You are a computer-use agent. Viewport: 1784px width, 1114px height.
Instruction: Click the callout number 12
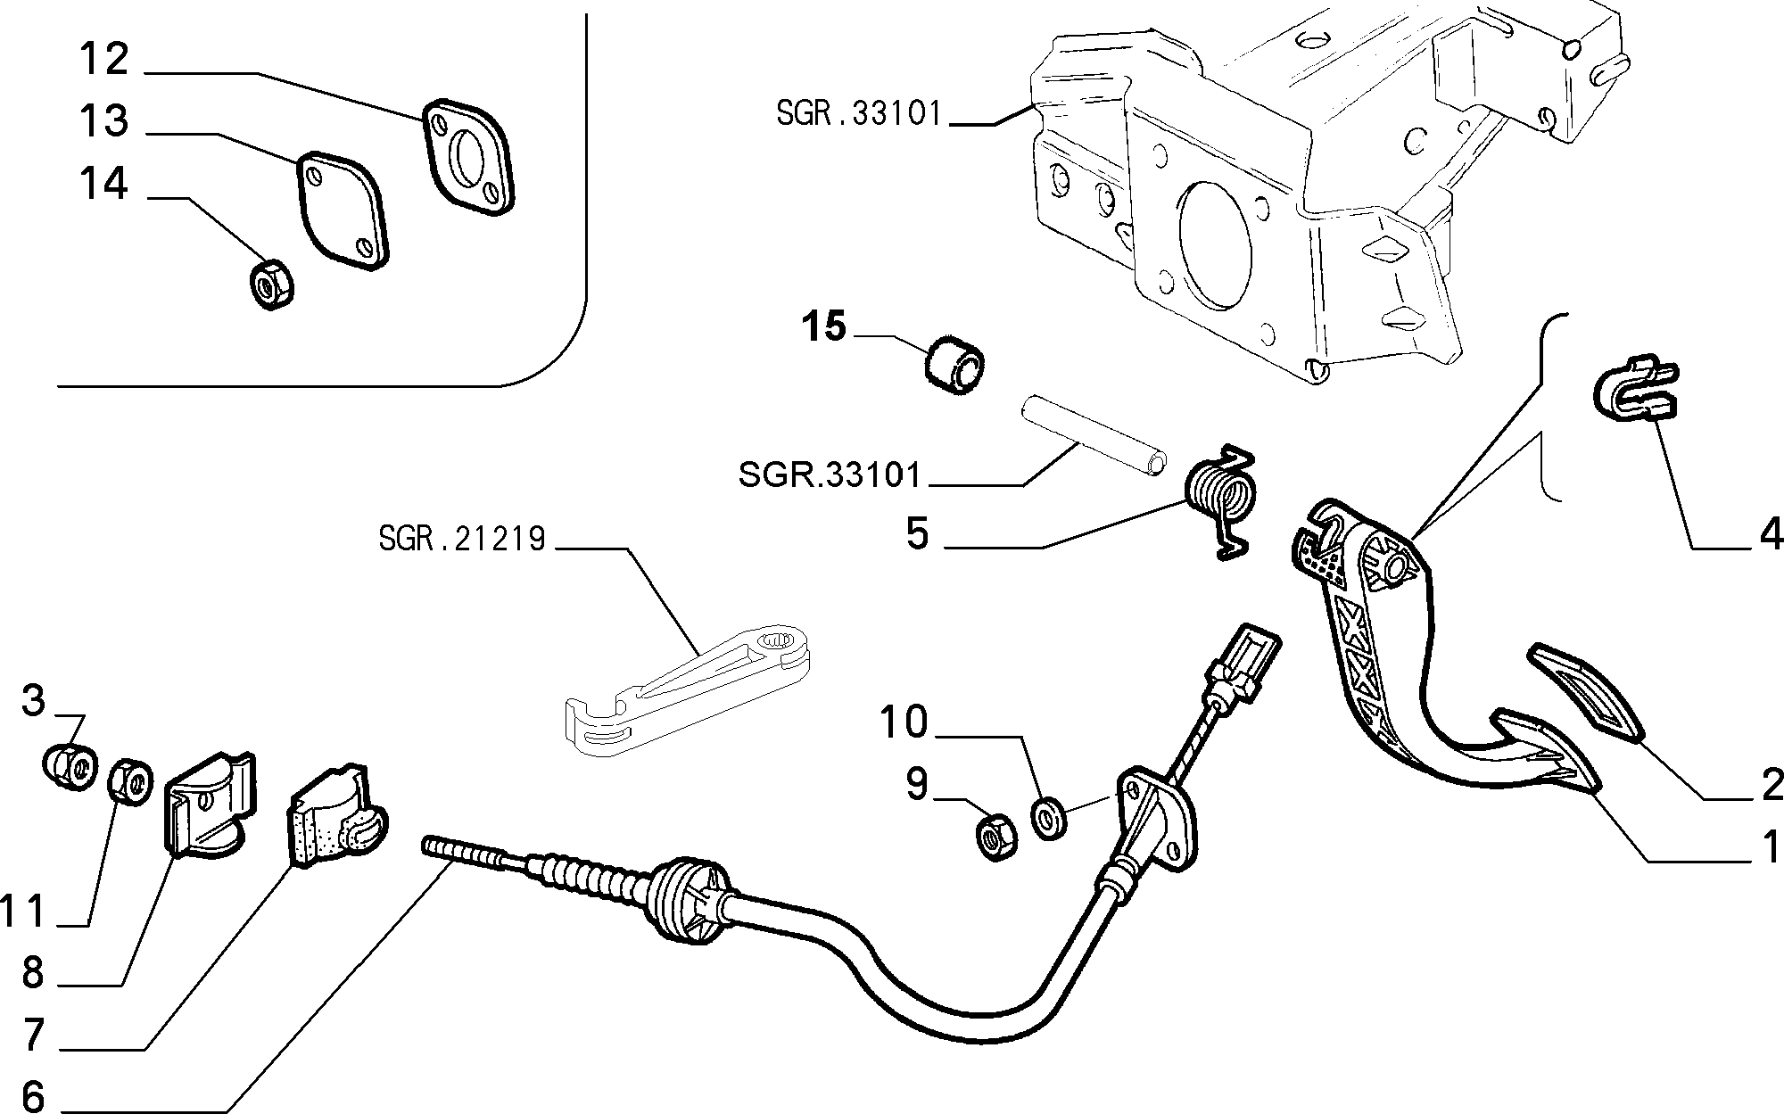point(104,60)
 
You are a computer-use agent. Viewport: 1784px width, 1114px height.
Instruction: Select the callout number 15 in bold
point(822,326)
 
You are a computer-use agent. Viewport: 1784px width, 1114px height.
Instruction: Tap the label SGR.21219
point(461,539)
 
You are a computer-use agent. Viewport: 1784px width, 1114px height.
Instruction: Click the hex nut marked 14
point(271,284)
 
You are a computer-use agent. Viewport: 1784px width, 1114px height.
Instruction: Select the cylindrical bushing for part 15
point(954,370)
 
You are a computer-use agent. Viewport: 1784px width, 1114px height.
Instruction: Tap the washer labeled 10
point(1048,818)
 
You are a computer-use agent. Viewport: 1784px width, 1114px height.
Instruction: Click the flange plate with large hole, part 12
point(469,157)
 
